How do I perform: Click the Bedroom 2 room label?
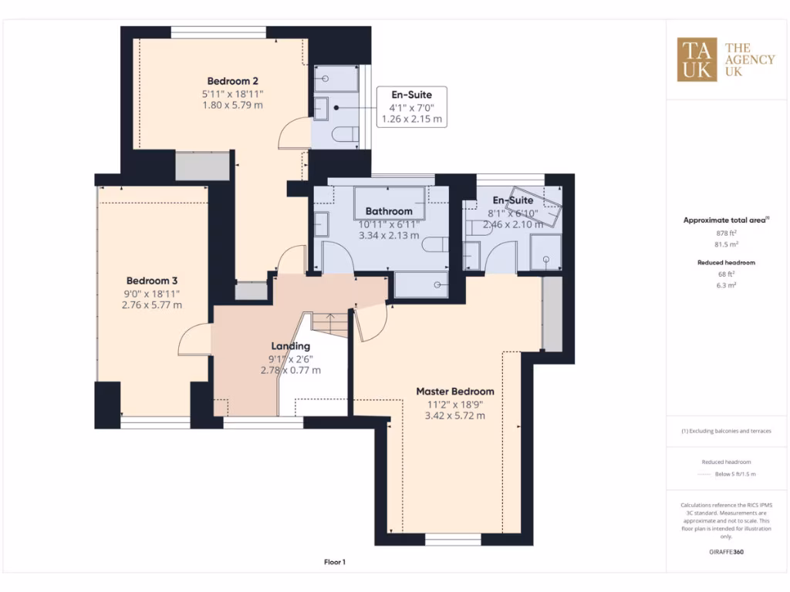tap(232, 80)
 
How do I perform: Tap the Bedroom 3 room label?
tap(152, 281)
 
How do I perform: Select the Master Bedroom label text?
tap(454, 391)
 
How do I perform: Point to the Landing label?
tap(290, 346)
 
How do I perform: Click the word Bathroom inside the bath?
tap(389, 210)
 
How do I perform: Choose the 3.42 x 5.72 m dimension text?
tap(454, 415)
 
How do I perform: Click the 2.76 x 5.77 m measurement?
tap(152, 305)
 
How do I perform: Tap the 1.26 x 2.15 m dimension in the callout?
tap(412, 119)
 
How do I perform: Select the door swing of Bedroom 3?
tap(194, 340)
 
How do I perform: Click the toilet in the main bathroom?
tap(434, 246)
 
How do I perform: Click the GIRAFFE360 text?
tap(725, 552)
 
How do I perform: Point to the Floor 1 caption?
tap(335, 563)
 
